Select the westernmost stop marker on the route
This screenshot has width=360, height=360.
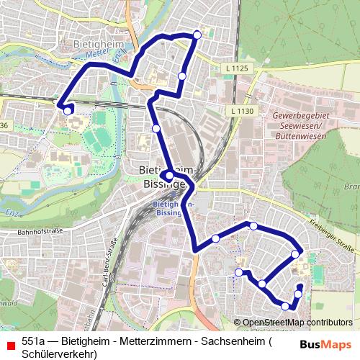67,111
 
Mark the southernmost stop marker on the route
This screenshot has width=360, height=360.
286,306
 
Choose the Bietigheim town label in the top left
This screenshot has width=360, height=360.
99,44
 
